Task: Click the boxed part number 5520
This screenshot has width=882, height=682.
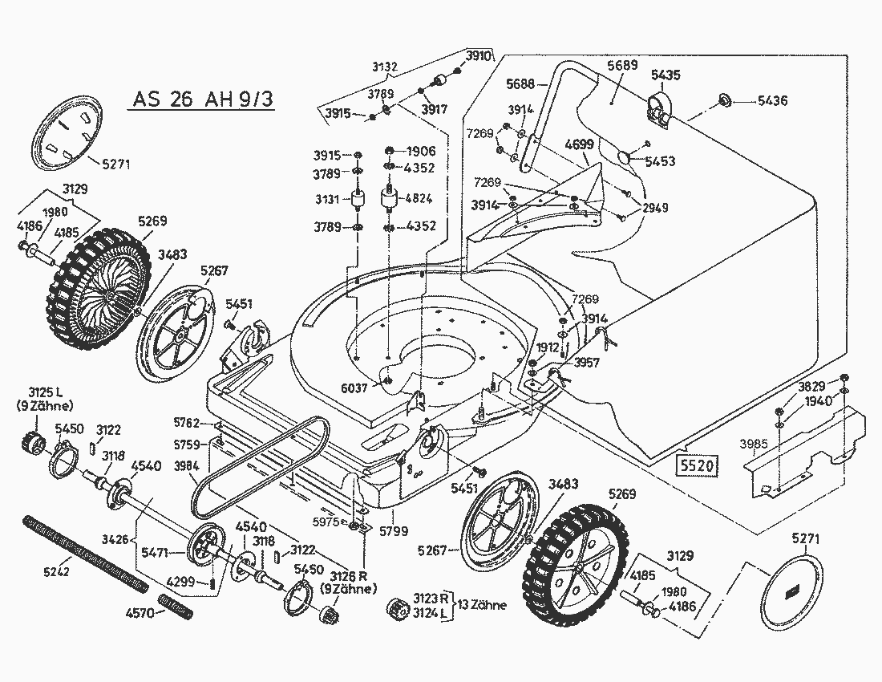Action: point(695,466)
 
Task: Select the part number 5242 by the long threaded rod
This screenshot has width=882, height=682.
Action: point(58,571)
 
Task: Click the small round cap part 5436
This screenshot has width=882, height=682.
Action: point(724,100)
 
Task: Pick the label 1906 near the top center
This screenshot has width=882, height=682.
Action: point(420,152)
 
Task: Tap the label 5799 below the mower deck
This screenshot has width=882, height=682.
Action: point(394,530)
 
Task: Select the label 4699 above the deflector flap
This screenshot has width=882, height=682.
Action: point(579,145)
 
